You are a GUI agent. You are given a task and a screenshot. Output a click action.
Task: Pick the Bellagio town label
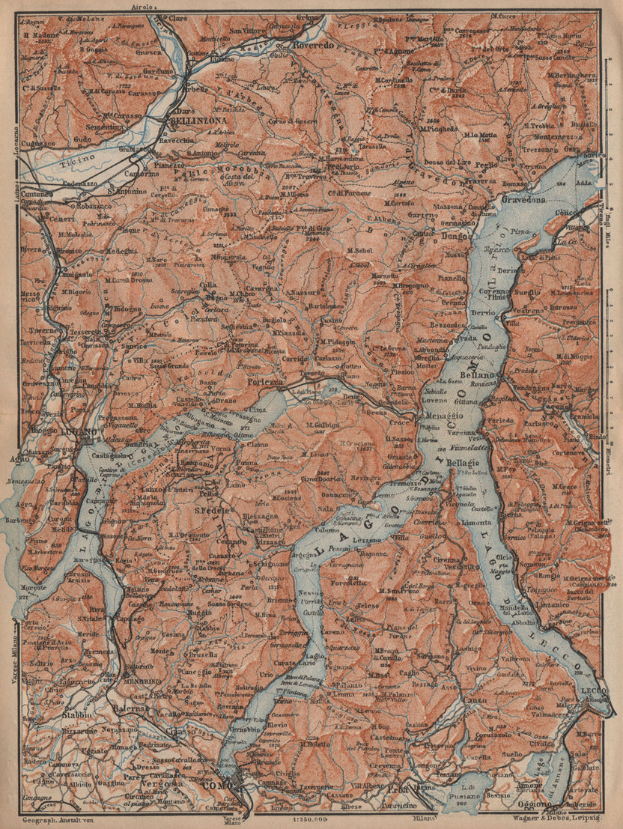[x=464, y=464]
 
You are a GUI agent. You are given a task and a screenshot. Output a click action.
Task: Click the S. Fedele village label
[x=212, y=511]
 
